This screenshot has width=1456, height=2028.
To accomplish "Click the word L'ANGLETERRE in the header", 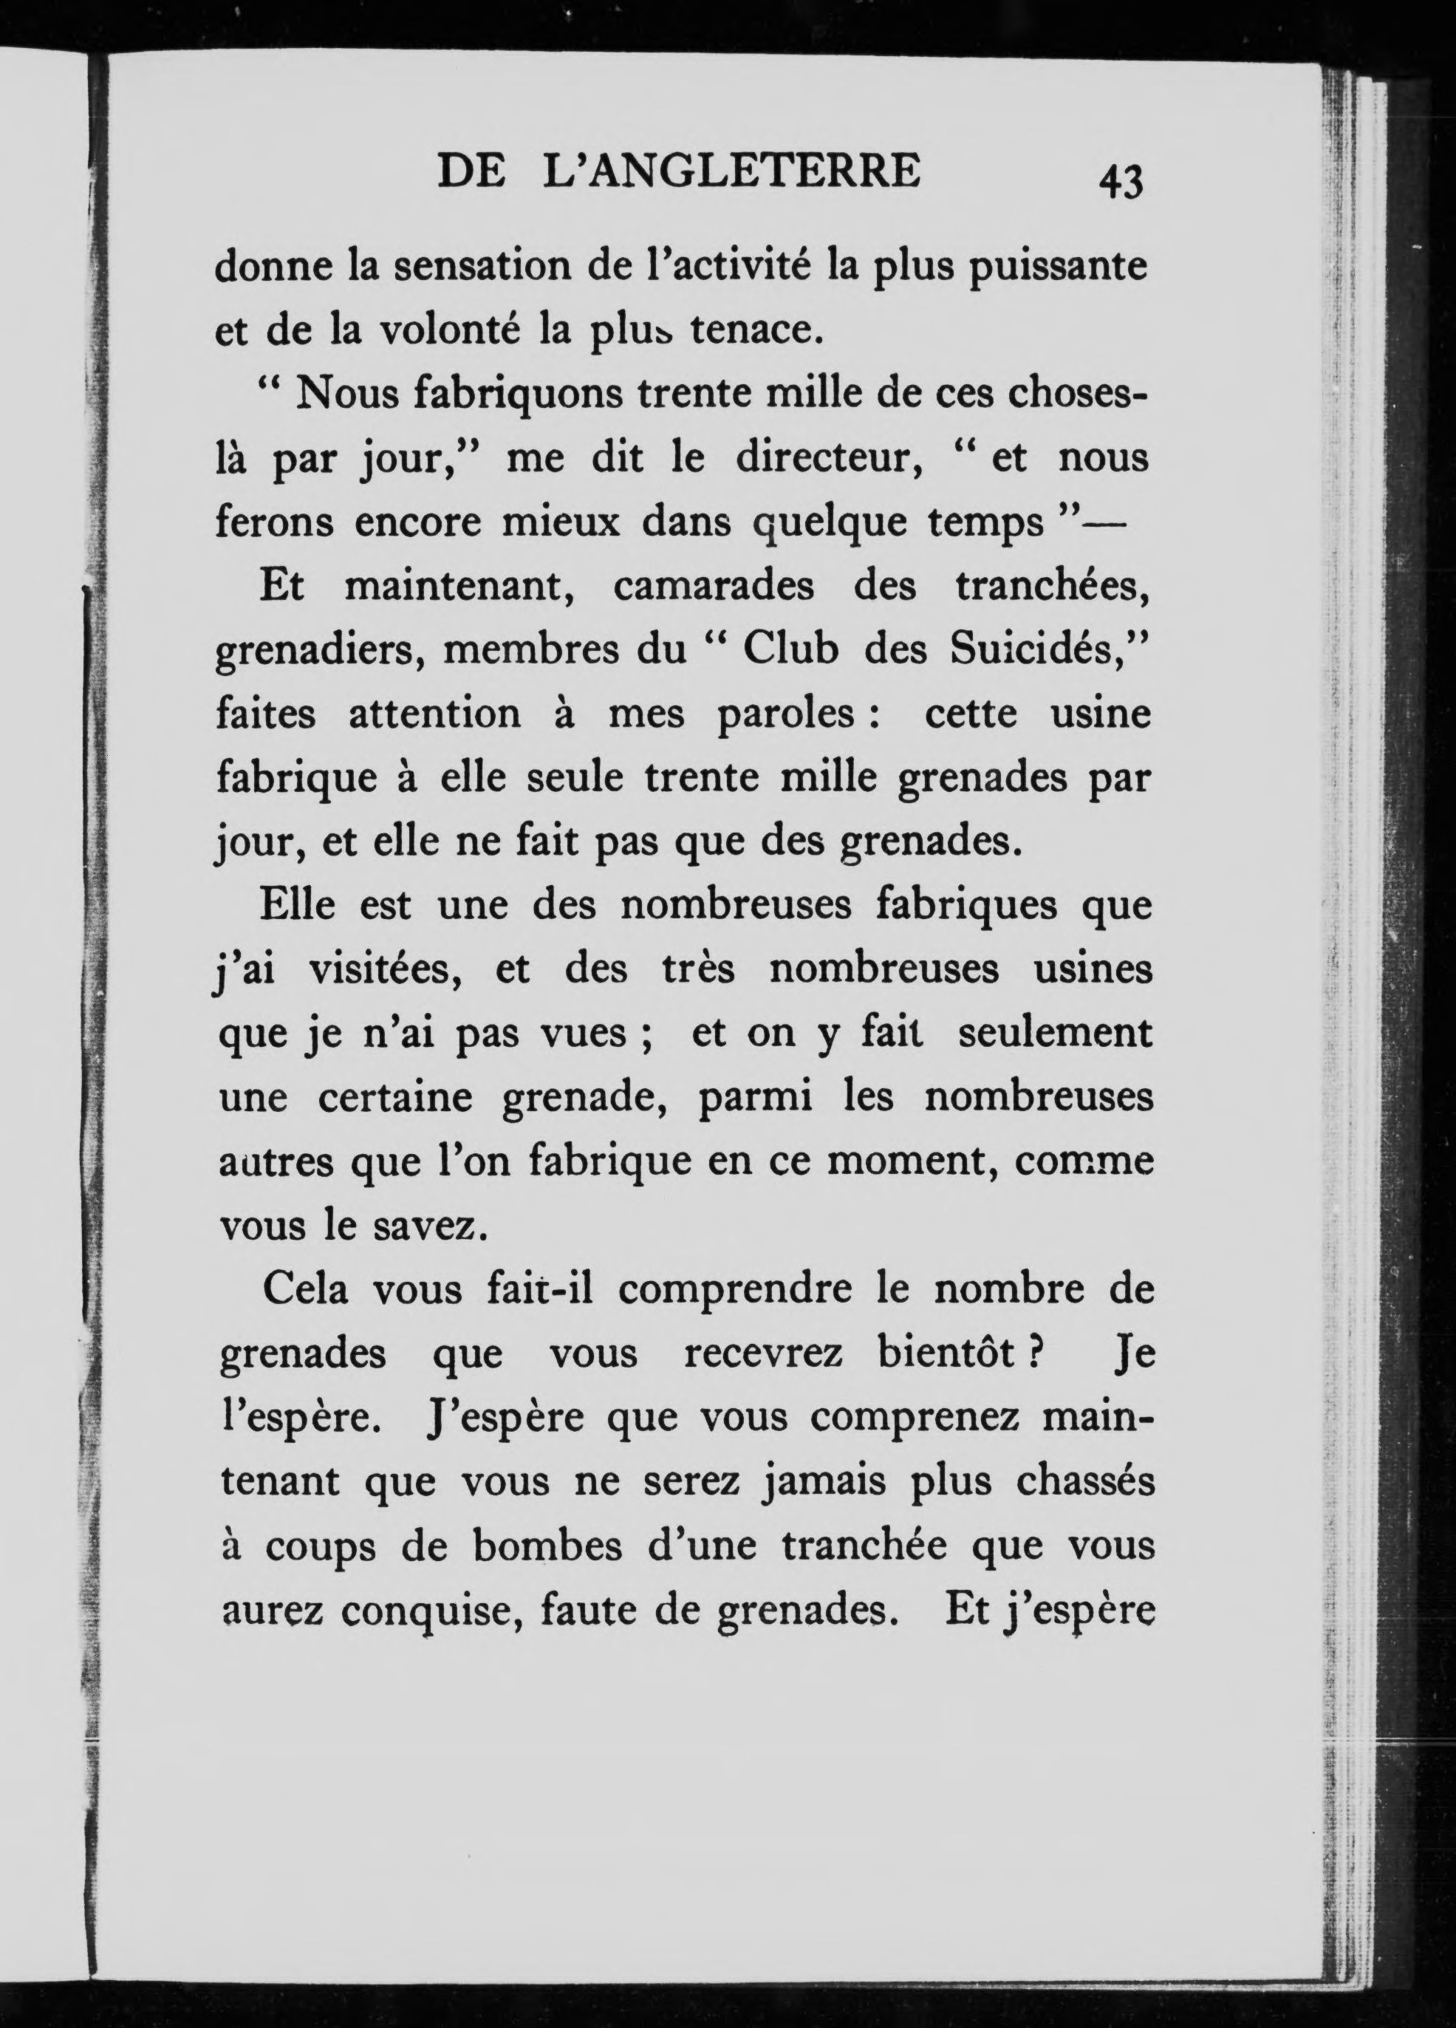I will pyautogui.click(x=731, y=171).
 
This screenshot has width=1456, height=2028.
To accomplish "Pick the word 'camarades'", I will pyautogui.click(x=714, y=586).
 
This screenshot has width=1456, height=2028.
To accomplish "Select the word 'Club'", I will pyautogui.click(x=790, y=650).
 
